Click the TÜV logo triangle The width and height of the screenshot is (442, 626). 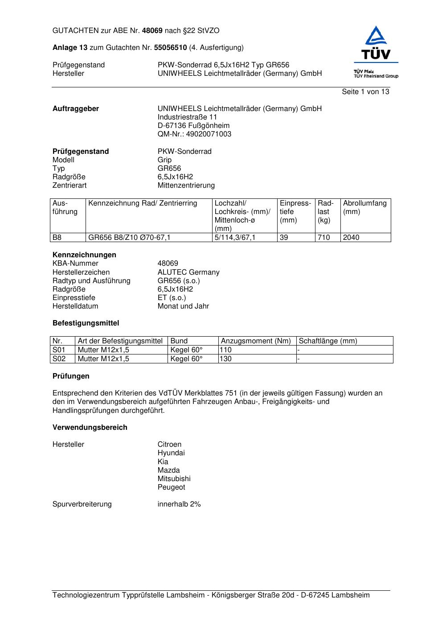point(377,37)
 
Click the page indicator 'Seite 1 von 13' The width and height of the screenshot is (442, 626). point(365,92)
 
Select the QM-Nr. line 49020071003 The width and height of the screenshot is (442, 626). point(194,134)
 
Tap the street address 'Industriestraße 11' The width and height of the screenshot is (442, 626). point(187,117)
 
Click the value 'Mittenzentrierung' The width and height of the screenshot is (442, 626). point(186,185)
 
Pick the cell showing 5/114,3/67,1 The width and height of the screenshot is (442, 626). point(235,238)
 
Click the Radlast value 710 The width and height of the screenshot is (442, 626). point(323,238)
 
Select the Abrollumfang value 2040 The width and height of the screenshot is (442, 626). point(351,238)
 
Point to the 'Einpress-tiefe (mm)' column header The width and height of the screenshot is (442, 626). point(295,212)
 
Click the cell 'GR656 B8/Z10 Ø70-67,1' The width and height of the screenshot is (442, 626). point(129,238)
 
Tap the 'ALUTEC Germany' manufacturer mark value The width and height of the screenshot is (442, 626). point(188,272)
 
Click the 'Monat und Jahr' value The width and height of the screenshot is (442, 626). point(183,306)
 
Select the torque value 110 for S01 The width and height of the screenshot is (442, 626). point(226,350)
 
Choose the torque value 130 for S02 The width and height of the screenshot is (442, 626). point(226,359)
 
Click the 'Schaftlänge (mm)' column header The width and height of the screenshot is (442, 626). point(328,341)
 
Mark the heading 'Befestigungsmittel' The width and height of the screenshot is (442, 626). point(86,323)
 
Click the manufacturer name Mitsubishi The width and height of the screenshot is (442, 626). point(174,479)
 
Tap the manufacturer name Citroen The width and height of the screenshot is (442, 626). point(169,445)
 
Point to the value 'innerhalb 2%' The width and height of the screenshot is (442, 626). point(179,504)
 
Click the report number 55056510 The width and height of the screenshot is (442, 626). point(170,48)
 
